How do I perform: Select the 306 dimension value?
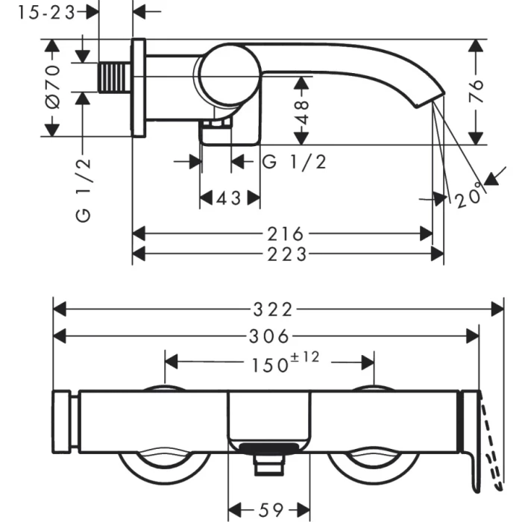tap(269, 336)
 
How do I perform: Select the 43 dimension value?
tap(229, 198)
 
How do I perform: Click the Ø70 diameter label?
tap(52, 88)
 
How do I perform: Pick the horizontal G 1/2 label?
tap(295, 161)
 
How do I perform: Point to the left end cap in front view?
tap(63, 421)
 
